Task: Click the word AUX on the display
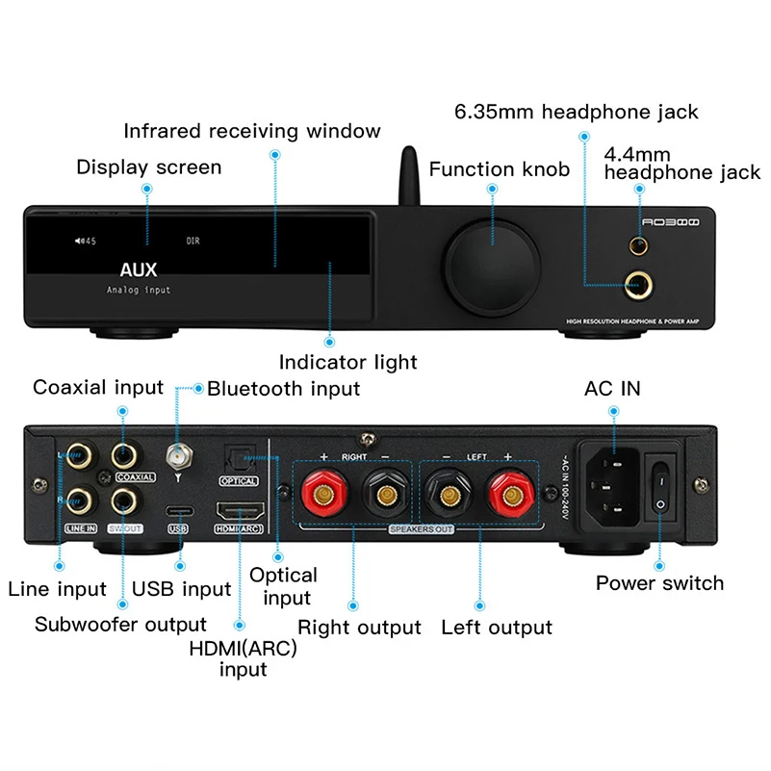tap(138, 270)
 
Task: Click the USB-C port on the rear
tap(177, 509)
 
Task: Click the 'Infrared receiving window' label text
tap(252, 131)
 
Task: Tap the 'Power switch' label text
tap(659, 582)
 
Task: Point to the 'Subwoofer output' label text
tap(120, 624)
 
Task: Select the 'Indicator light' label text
tap(347, 362)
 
